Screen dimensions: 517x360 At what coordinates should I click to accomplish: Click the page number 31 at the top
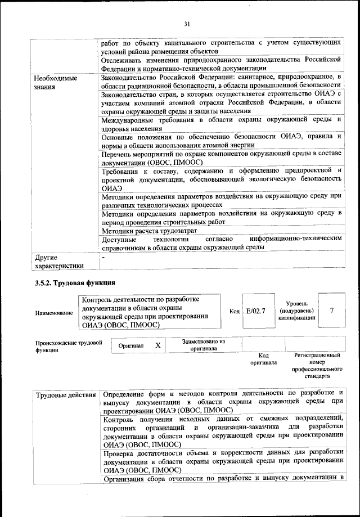[x=187, y=23]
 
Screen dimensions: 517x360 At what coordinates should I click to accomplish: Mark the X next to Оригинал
[x=158, y=345]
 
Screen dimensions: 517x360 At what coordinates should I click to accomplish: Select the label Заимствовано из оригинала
[x=204, y=345]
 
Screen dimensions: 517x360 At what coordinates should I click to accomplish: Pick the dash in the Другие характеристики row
[x=103, y=256]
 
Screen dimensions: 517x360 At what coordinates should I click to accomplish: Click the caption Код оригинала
[x=263, y=359]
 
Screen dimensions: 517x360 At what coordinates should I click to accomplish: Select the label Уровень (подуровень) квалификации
[x=296, y=311]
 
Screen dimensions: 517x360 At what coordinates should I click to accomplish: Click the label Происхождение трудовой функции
[x=68, y=345]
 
